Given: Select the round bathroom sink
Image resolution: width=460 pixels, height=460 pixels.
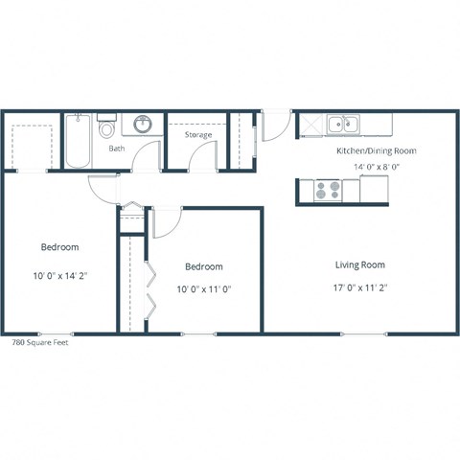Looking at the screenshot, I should point(142,124).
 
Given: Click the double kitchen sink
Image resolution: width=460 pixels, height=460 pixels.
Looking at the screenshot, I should point(341,124).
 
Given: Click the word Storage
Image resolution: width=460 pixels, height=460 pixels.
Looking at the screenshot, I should point(198,135).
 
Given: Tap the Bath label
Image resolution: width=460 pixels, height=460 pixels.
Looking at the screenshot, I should point(116,149).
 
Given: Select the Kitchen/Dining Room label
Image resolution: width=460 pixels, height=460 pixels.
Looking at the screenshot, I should point(376,150).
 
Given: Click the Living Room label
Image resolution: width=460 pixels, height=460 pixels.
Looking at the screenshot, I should point(359,264).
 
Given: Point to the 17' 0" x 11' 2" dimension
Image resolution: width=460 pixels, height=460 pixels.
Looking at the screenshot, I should point(359,287).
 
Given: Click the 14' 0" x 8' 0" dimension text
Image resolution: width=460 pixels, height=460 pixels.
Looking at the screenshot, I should point(376,167).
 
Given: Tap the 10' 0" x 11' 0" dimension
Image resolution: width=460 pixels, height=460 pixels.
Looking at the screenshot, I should point(203,288).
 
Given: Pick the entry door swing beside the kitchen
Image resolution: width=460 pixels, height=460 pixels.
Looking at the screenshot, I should point(276,125).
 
